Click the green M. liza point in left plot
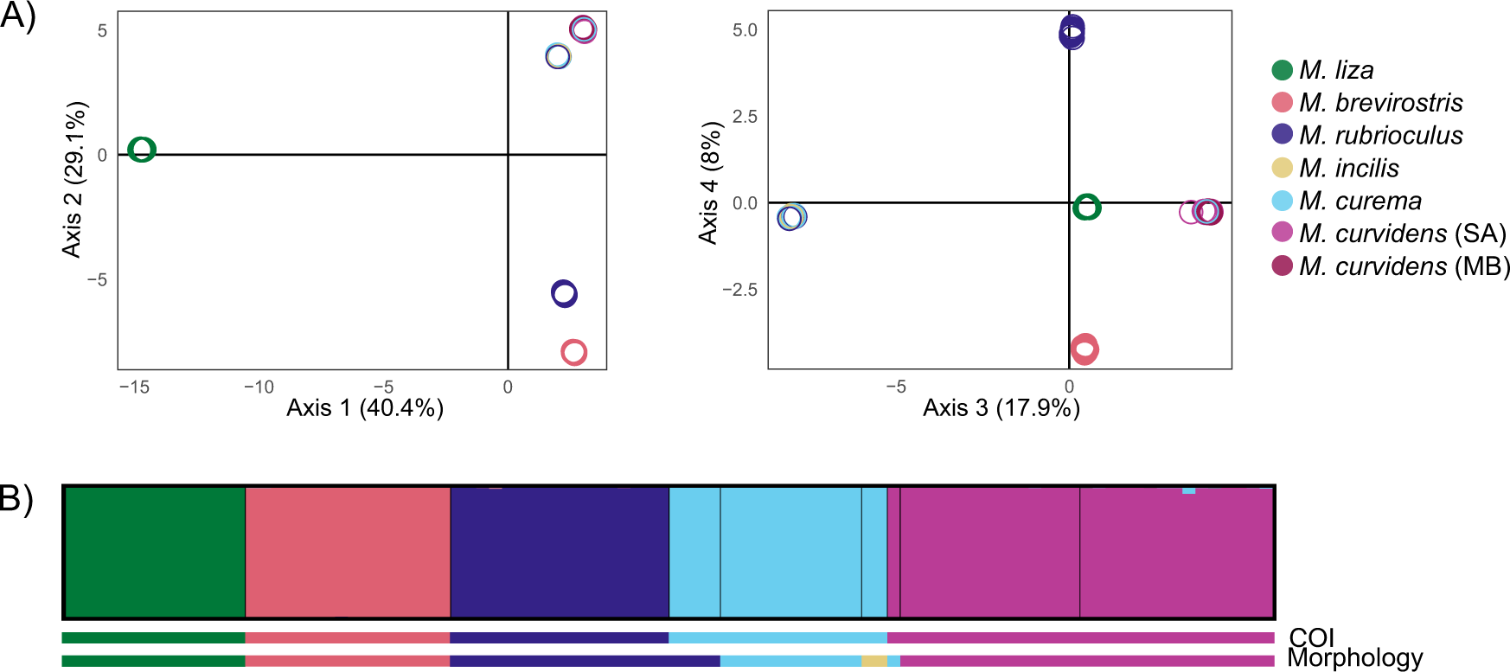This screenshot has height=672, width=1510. (x=142, y=150)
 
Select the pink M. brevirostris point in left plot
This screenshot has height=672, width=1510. (x=573, y=352)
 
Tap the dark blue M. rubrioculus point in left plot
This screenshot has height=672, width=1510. (x=564, y=294)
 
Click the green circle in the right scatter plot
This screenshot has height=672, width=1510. (x=1087, y=208)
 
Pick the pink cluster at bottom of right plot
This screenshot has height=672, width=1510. (x=1085, y=349)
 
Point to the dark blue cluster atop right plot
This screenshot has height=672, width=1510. (x=1072, y=33)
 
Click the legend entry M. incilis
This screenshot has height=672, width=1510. (x=1348, y=168)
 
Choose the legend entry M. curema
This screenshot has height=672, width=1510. (x=1360, y=201)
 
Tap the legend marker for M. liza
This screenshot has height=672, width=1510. (x=1282, y=70)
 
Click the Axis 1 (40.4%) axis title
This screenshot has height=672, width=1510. (x=365, y=408)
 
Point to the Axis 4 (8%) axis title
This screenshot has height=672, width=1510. (x=709, y=183)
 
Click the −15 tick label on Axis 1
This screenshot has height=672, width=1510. (x=134, y=387)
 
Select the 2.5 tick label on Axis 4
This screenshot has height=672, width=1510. (x=745, y=117)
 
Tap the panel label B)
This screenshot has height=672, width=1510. (x=17, y=499)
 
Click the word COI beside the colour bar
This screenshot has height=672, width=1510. (x=1311, y=637)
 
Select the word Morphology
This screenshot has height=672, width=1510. (x=1354, y=658)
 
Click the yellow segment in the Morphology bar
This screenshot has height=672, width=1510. (x=873, y=661)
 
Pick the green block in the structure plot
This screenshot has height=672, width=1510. (x=155, y=552)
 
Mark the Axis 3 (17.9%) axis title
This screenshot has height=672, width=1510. (x=1001, y=408)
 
